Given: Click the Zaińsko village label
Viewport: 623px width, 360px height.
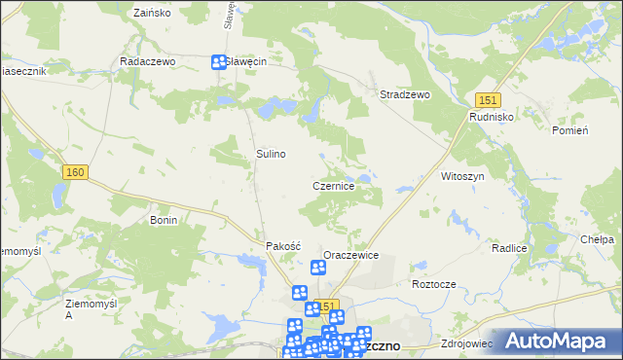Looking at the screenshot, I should (x=151, y=14).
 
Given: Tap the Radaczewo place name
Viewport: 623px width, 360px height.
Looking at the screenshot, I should (x=146, y=60).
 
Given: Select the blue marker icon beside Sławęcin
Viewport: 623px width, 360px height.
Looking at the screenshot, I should (x=219, y=62).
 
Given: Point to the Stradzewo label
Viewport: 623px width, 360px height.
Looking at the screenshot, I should (x=405, y=95).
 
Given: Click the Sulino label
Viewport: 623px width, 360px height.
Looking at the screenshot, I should (x=271, y=154).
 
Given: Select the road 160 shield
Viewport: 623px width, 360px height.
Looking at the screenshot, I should (x=75, y=172).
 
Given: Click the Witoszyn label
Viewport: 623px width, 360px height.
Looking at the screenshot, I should (x=462, y=176).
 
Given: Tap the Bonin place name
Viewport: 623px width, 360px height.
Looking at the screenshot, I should (x=163, y=221).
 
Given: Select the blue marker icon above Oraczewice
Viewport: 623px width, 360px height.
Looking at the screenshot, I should (x=318, y=269).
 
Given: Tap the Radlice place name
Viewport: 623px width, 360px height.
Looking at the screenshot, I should (x=509, y=248).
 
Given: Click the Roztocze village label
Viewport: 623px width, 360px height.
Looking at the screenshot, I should (x=434, y=284).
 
